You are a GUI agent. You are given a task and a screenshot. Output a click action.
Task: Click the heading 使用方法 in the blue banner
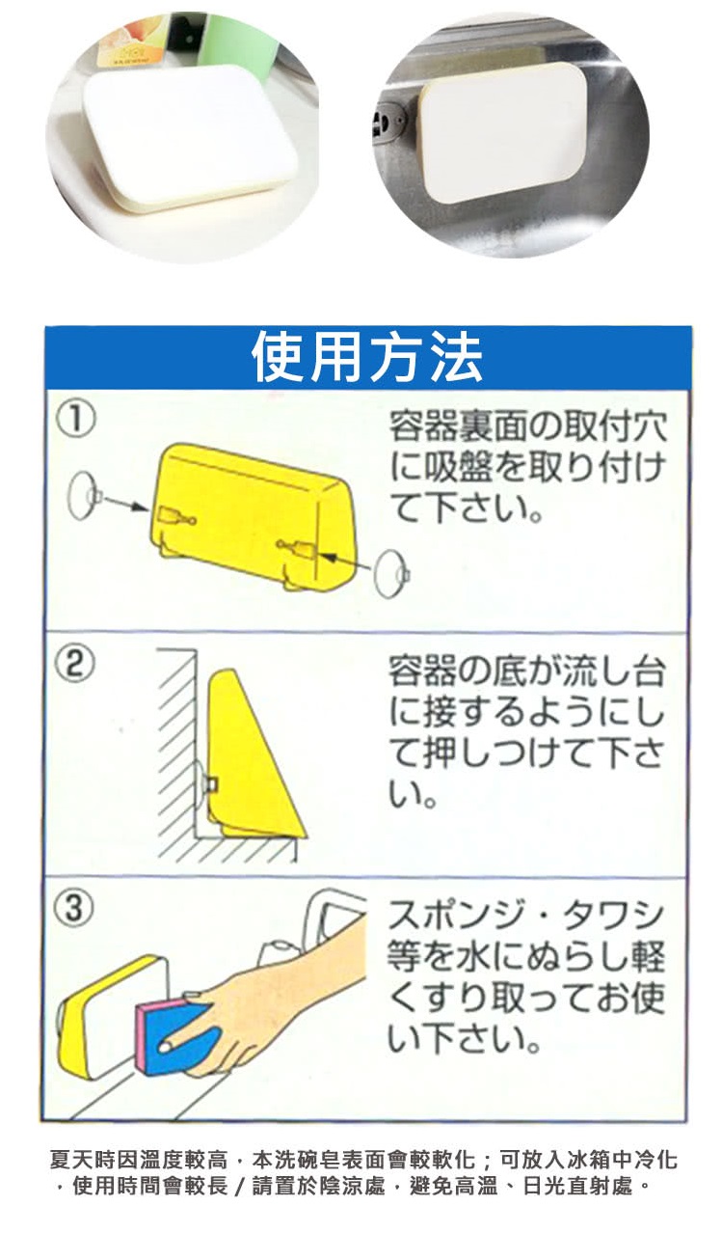tap(366, 356)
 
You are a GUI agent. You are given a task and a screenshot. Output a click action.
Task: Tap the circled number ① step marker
tap(76, 419)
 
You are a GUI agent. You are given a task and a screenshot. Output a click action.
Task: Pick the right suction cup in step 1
tap(391, 573)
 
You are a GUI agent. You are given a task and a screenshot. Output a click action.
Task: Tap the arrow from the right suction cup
tap(348, 563)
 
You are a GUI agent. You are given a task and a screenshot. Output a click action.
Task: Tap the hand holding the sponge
tap(275, 1007)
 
